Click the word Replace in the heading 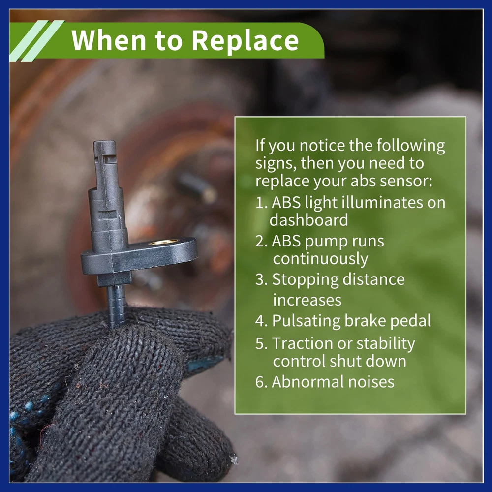245,41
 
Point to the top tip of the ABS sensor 104,142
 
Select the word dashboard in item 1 309,219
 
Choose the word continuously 320,259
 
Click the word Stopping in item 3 303,280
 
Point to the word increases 307,300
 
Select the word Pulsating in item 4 306,321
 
